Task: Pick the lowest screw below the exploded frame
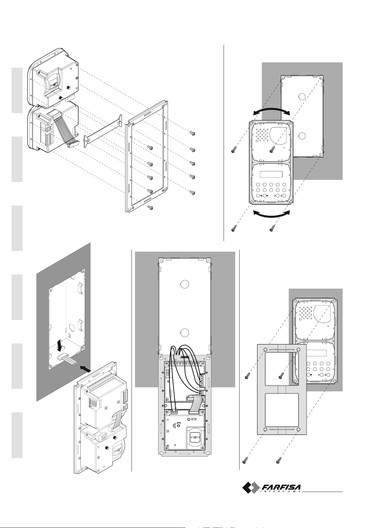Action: tap(150, 207)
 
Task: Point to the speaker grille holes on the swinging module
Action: tap(262, 134)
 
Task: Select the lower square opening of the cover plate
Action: tap(282, 411)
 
